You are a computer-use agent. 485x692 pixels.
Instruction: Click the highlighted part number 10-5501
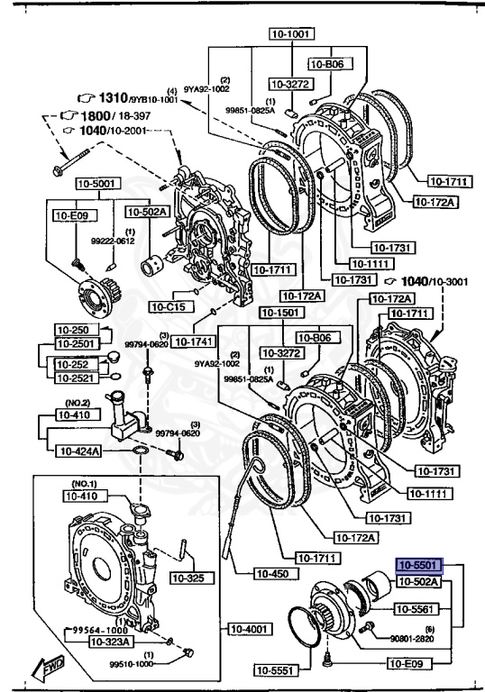tap(416, 567)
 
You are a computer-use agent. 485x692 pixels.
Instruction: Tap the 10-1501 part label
tap(279, 312)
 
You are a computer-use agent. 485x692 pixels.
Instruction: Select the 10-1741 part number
tap(192, 341)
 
